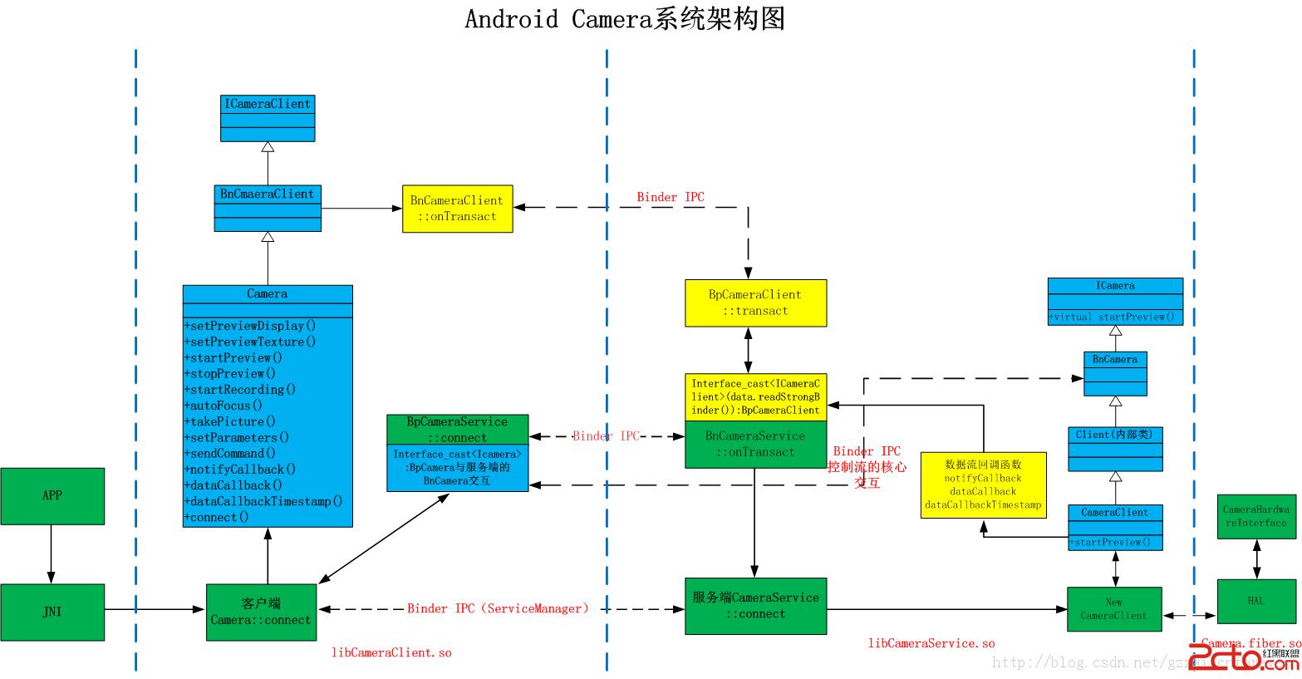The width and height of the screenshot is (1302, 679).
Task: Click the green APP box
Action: [52, 496]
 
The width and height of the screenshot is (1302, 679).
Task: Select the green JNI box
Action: [52, 612]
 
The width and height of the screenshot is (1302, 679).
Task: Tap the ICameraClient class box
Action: [268, 118]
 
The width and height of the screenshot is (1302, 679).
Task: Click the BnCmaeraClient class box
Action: [268, 208]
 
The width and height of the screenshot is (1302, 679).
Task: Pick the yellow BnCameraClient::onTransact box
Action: [457, 209]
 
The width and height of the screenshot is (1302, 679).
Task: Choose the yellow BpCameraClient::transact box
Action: [755, 303]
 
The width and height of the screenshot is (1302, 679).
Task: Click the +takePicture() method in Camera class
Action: [230, 421]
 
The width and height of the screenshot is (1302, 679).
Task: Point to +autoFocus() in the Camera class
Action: [223, 406]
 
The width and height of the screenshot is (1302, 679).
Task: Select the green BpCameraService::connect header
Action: [458, 430]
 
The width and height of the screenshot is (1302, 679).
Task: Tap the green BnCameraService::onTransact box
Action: [755, 445]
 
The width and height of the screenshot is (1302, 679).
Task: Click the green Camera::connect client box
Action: [261, 612]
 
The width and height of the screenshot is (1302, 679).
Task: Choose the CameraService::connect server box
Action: [755, 606]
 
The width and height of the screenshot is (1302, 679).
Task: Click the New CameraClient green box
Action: [1114, 609]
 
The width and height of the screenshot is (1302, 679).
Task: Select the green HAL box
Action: [1256, 601]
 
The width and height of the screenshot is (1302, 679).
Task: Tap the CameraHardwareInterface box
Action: [1256, 516]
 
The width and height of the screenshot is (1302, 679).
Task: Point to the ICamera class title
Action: [1115, 286]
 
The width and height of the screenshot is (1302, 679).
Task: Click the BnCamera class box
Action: [1115, 374]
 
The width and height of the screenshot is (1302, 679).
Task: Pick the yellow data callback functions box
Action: [983, 485]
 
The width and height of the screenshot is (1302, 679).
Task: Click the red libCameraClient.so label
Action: [391, 653]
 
